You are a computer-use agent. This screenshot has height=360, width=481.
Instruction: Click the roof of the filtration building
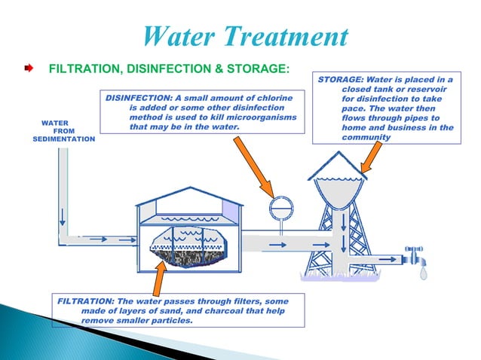tap(189, 198)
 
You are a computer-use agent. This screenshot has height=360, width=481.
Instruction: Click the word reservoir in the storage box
tap(427, 89)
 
